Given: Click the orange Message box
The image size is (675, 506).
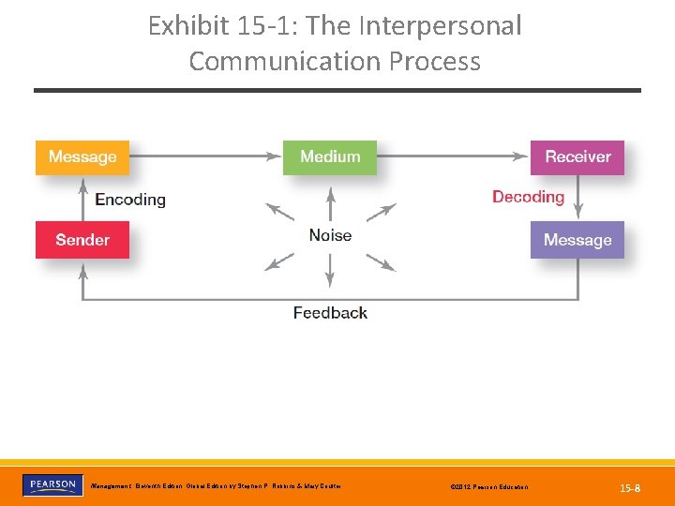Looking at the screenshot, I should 82,157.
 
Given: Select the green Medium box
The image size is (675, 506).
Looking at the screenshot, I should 330,157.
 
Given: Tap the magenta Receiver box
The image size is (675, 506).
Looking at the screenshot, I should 577,157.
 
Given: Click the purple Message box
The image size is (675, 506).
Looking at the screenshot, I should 577,240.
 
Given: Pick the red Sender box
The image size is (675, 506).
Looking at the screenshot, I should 82,240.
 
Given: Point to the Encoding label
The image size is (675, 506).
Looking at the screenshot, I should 130,200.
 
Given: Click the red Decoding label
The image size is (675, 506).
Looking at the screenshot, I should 528,197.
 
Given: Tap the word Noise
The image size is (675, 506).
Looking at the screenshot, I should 330,235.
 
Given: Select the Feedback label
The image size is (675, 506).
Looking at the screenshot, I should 330,313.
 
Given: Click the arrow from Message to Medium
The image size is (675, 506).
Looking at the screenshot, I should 206,157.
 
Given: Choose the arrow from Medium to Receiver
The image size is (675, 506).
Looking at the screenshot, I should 454,157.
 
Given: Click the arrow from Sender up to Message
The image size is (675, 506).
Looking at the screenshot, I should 82,198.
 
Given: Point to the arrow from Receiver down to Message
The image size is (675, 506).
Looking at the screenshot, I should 578,198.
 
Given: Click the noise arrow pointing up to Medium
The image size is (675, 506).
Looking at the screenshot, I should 330,204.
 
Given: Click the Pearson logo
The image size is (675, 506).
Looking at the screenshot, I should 52,485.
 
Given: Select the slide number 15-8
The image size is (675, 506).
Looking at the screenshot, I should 630,487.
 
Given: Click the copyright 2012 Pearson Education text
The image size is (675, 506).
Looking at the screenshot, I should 488,487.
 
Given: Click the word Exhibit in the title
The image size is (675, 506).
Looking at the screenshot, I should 187,26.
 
